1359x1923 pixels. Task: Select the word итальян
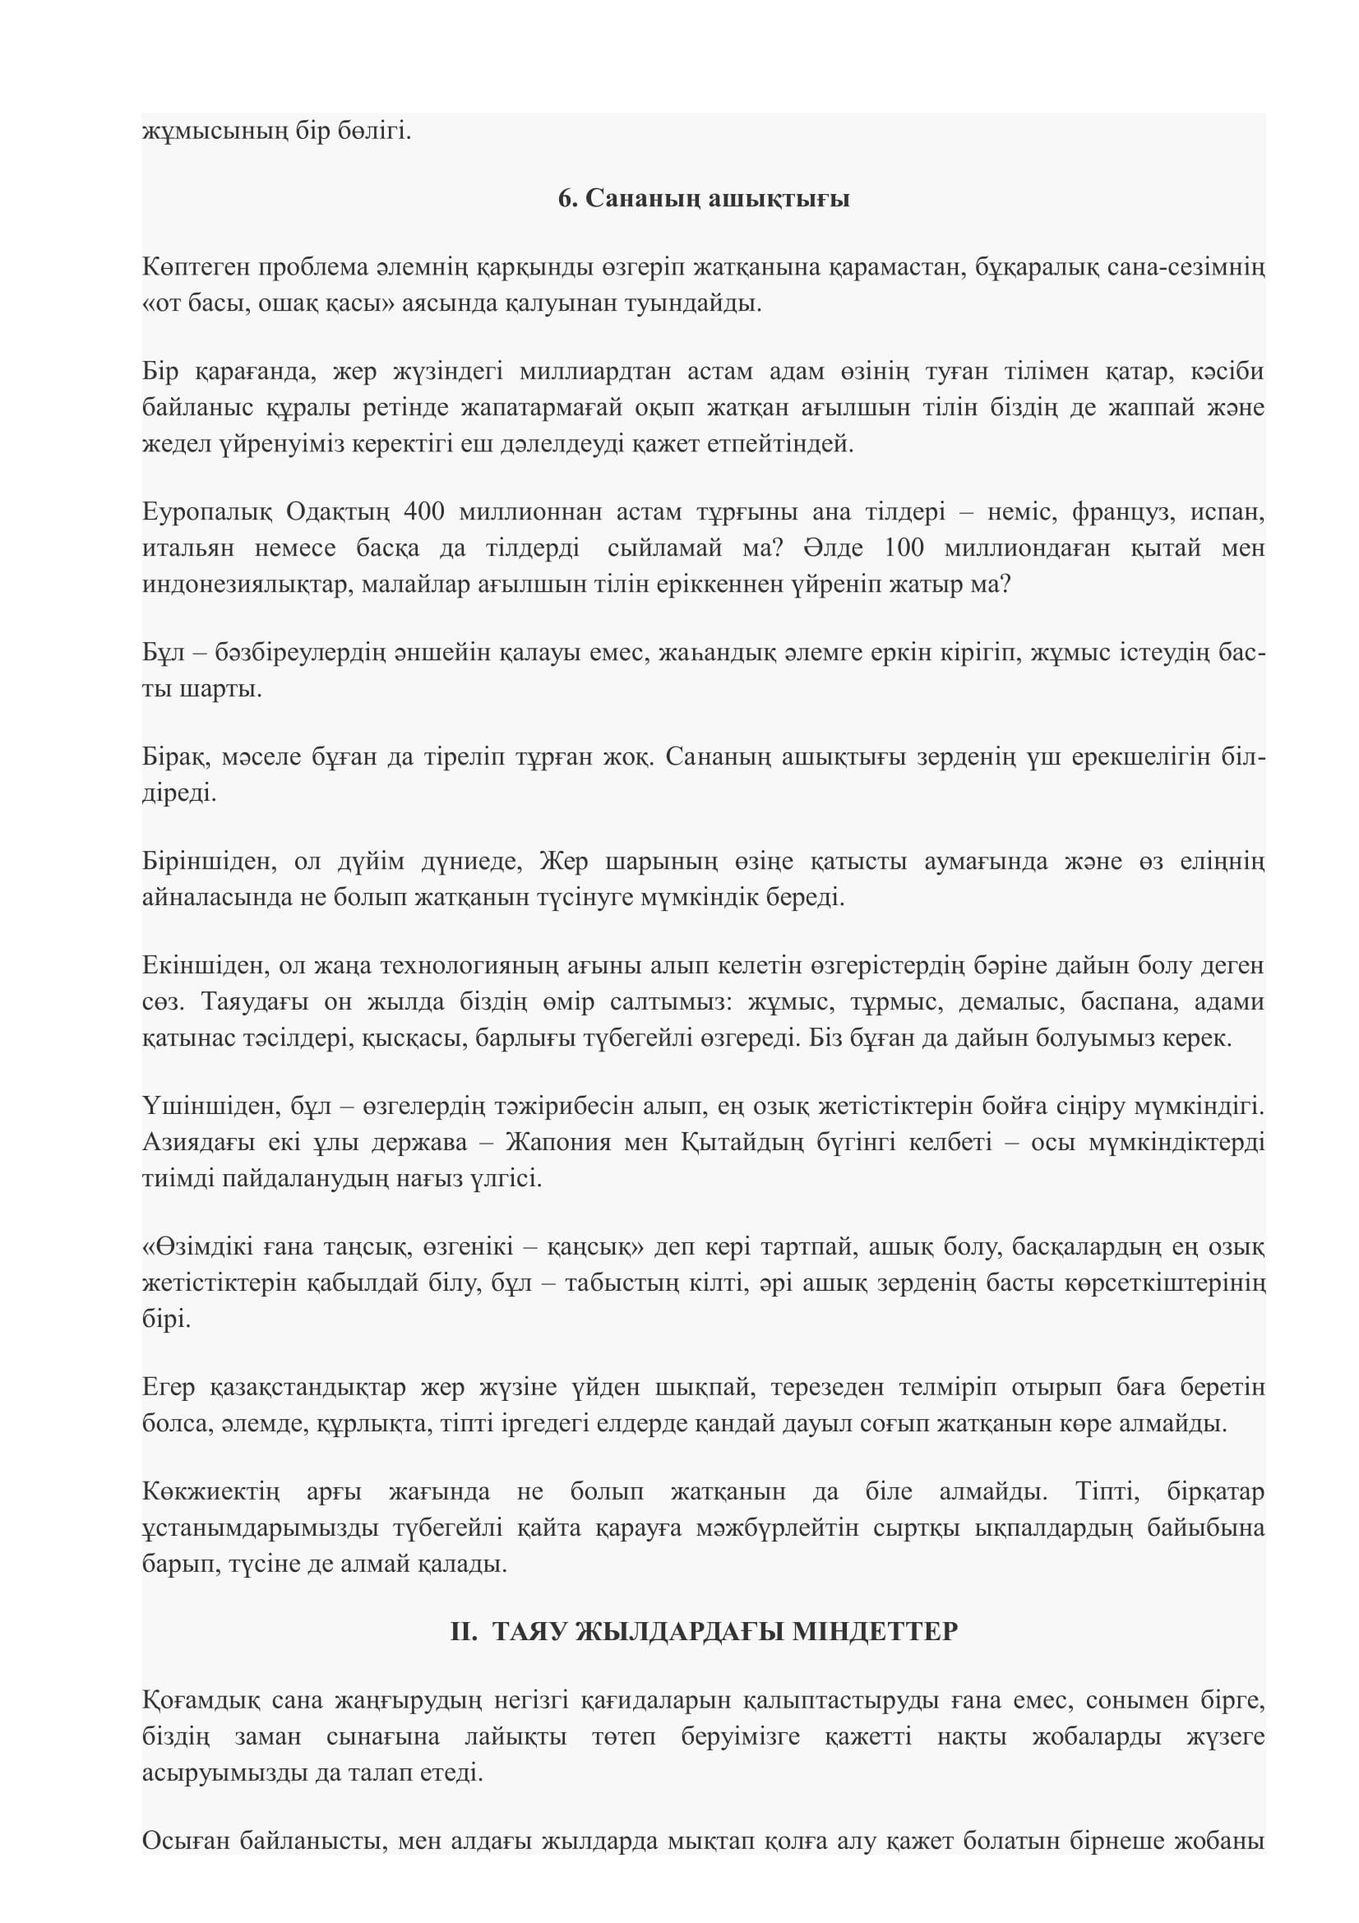184,548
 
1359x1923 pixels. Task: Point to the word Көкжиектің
211,1491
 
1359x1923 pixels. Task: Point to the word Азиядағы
198,1143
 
